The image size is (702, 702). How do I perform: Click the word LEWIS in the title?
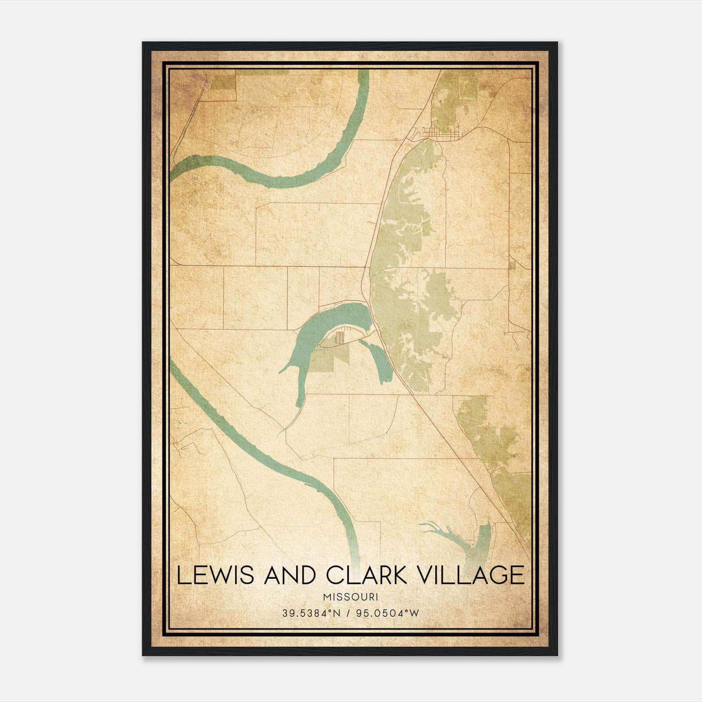[x=215, y=575]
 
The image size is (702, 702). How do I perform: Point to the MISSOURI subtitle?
[x=350, y=597]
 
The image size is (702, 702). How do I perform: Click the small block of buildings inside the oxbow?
[x=339, y=338]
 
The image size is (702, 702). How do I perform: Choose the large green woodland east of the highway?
[x=408, y=285]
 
